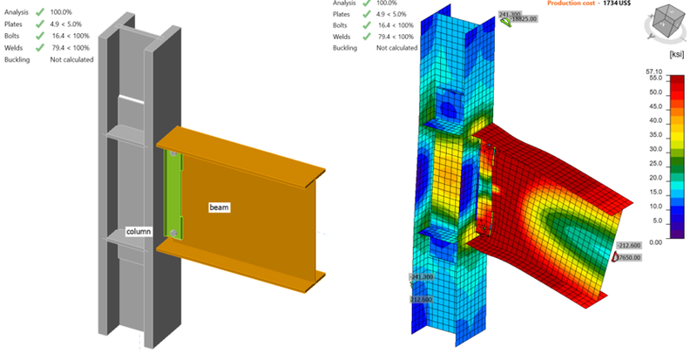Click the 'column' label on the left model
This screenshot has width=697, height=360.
coord(139,232)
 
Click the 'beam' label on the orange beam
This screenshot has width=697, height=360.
coord(218,207)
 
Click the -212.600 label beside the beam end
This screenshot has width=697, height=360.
coord(628,245)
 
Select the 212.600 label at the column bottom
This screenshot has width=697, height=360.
coord(423,299)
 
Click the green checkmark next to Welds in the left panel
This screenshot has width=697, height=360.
coord(41,48)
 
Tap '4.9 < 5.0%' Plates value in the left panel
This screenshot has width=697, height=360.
coord(76,25)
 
